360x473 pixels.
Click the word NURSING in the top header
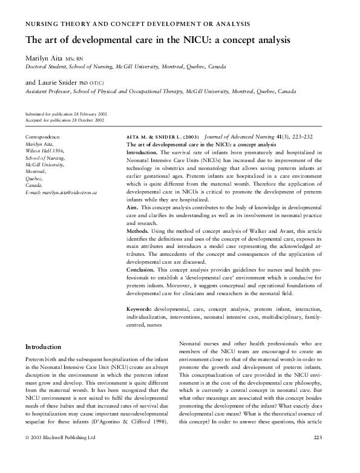(x=41, y=24)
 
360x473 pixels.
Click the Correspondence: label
(x=42, y=139)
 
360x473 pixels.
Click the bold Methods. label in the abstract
(x=139, y=231)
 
